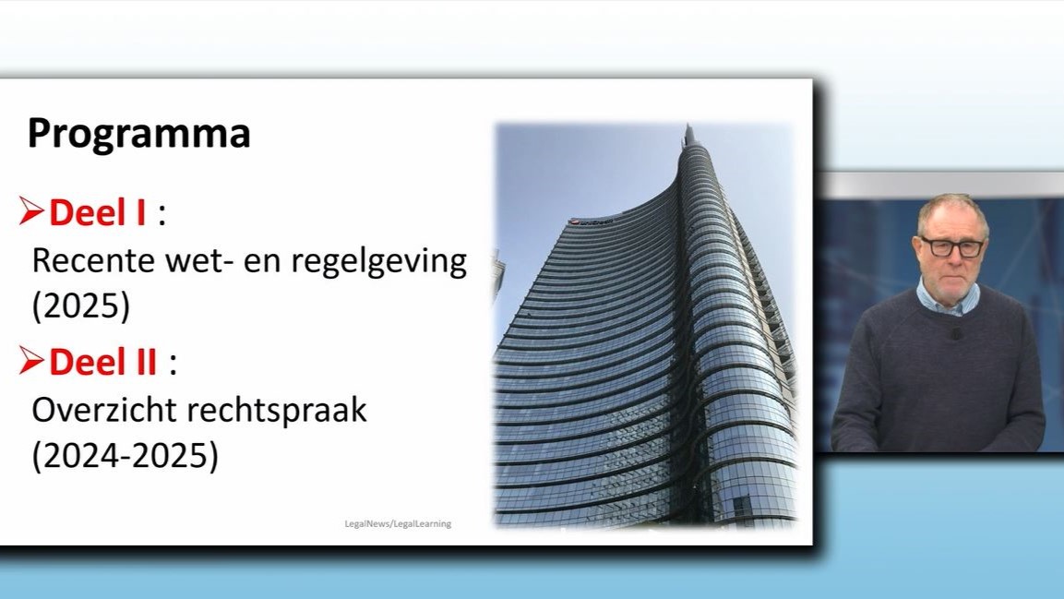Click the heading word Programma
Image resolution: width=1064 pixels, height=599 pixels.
(138, 134)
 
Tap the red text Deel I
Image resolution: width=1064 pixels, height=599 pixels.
(97, 213)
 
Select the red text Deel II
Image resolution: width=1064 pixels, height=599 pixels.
(102, 363)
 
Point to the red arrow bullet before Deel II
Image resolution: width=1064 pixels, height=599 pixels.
(31, 362)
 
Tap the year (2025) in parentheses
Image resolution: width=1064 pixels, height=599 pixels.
(81, 307)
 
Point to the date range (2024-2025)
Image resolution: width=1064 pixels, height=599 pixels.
(126, 457)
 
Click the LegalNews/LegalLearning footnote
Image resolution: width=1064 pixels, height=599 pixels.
(398, 523)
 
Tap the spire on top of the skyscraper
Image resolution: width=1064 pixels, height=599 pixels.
(687, 136)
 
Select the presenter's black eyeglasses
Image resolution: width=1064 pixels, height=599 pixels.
(951, 246)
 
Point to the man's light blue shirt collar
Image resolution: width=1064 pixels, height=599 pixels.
(949, 299)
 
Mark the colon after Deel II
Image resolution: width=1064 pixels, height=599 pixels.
(172, 364)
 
